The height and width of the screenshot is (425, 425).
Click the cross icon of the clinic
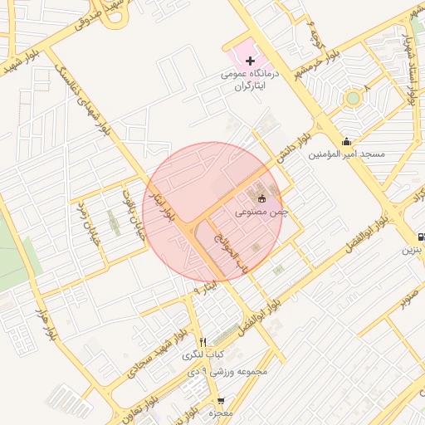click(x=250, y=61)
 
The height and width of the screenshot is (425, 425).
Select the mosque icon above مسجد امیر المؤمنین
click(x=346, y=141)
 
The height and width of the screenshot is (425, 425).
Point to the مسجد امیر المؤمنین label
click(x=347, y=154)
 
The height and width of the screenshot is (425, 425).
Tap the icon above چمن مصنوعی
click(x=262, y=198)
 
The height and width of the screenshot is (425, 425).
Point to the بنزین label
click(x=413, y=249)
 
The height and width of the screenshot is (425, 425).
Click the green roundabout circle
click(x=354, y=98)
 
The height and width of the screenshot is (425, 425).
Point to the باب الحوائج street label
click(x=231, y=254)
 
